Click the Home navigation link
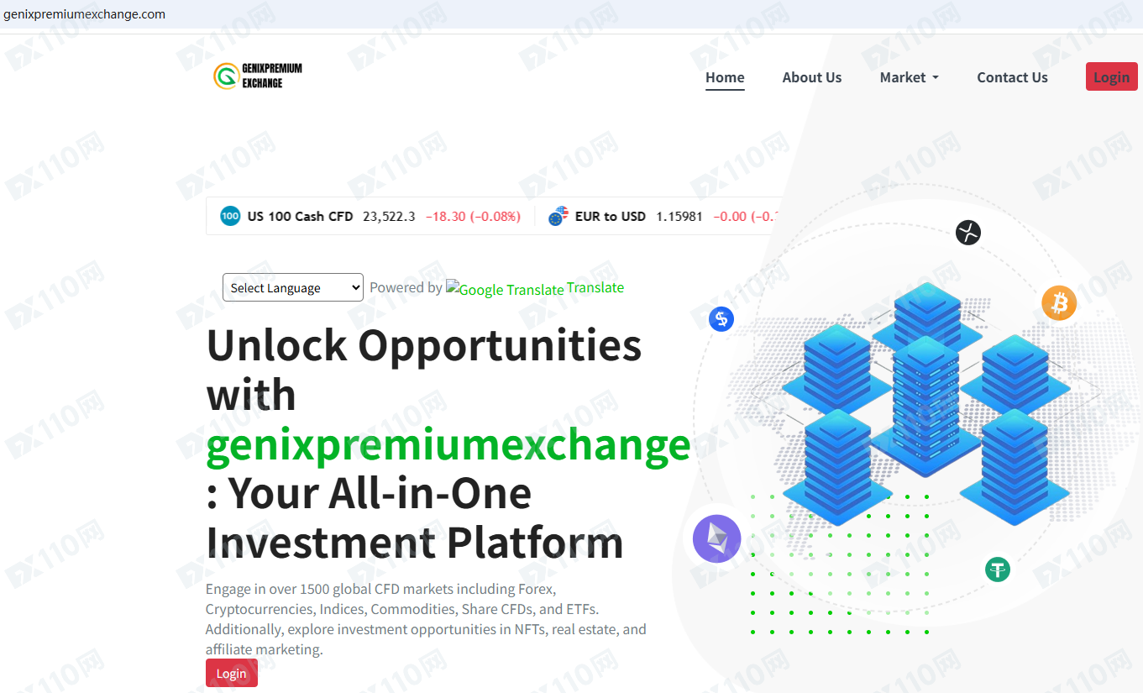(725, 77)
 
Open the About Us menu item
(812, 77)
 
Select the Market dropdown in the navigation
(909, 77)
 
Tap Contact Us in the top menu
(1012, 77)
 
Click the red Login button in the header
(1111, 76)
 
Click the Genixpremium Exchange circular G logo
(226, 76)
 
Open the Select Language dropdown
(293, 287)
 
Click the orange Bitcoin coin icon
(1059, 303)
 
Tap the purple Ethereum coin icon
(717, 538)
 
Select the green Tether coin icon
(998, 570)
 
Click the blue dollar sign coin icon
(721, 319)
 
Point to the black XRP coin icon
(968, 233)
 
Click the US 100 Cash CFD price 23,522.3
(389, 217)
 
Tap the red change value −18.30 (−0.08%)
(473, 217)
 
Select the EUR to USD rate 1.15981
(679, 217)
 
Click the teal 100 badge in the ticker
(230, 216)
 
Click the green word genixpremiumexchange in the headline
(448, 446)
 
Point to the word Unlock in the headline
(277, 345)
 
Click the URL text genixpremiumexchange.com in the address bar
(84, 14)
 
